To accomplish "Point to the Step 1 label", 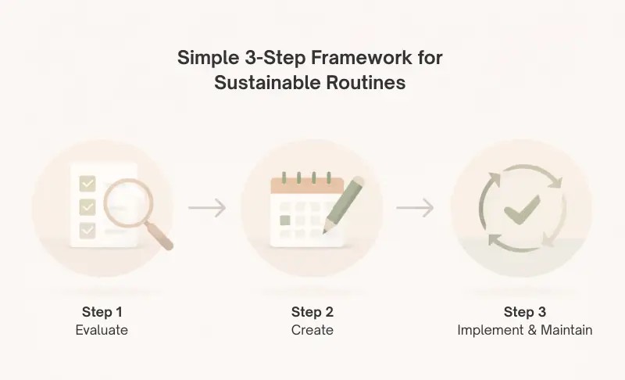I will point(102,312).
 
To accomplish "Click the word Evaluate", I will point(102,330).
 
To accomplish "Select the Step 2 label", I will point(312,312).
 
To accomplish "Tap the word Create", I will point(312,330).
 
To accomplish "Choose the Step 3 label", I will point(525,312).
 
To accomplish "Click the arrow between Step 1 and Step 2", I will point(207,208).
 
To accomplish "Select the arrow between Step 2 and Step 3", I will point(415,208).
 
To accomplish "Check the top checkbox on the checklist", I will point(87,185).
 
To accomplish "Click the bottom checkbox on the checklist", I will point(87,230).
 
